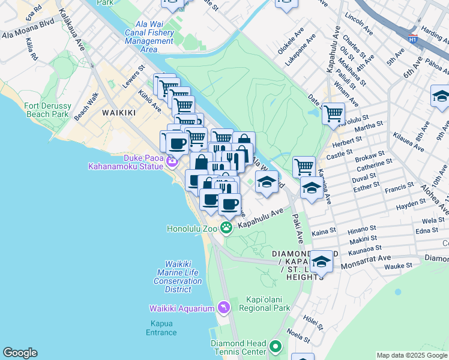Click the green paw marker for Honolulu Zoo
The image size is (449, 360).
[226, 227]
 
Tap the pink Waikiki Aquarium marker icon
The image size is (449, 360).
[223, 308]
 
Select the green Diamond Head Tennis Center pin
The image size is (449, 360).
[276, 346]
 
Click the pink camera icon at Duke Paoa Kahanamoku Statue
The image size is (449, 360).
[172, 161]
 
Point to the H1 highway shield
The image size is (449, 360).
[412, 40]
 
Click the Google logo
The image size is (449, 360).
[20, 353]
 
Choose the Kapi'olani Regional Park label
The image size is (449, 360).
[264, 304]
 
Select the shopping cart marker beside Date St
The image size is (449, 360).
[333, 112]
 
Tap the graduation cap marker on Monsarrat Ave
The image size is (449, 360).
[321, 262]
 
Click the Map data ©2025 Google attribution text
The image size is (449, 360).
[412, 355]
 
